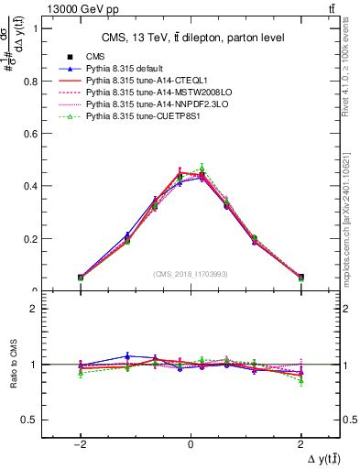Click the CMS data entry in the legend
[x=95, y=57]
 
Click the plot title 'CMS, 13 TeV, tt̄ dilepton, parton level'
[x=191, y=37]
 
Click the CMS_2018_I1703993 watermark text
[x=191, y=274]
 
